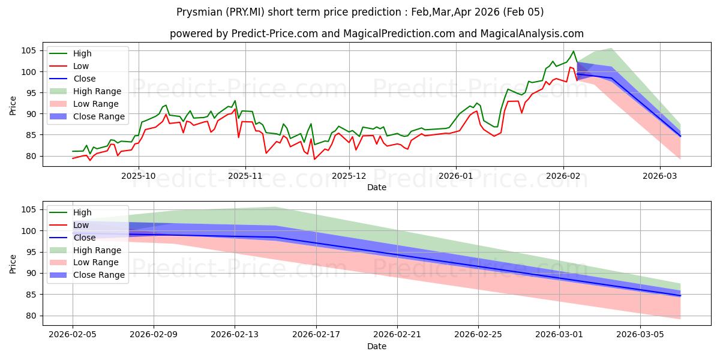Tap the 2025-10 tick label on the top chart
point(139,176)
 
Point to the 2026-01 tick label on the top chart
point(456,176)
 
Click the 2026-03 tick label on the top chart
point(659,176)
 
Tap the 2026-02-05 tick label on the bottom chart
point(73,335)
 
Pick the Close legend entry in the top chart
point(84,79)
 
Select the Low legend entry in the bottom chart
point(81,225)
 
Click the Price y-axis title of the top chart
point(13,105)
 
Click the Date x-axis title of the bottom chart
point(377,346)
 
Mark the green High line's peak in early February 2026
point(573,51)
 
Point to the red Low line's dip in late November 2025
point(314,159)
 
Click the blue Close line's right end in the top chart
point(680,136)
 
